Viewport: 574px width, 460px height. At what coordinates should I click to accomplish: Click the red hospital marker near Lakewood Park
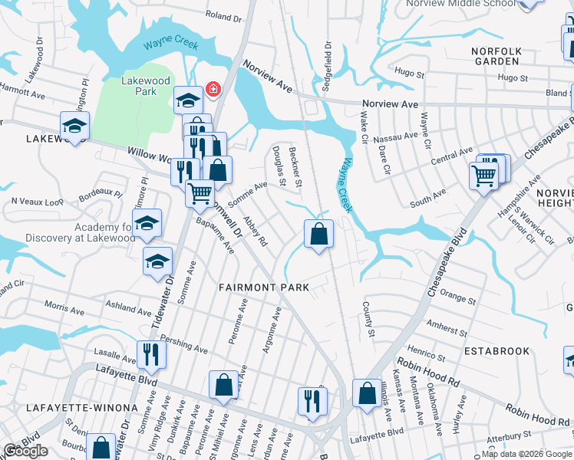pos(212,89)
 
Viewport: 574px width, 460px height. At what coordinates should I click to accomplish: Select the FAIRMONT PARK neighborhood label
pos(263,287)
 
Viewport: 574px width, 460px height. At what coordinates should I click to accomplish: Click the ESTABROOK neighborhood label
pos(496,350)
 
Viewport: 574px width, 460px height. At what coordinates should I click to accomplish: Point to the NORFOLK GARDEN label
pos(496,57)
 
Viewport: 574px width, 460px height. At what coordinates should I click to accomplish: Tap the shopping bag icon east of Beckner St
pos(318,233)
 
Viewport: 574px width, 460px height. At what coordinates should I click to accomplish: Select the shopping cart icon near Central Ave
pos(483,176)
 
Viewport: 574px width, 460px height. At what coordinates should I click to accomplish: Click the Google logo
pos(25,451)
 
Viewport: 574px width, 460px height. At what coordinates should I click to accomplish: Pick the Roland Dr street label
pos(223,16)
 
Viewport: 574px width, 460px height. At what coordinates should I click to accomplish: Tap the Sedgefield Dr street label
pos(327,62)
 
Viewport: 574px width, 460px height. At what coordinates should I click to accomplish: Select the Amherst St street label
pos(446,327)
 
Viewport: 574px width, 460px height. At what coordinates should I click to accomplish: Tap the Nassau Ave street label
pos(397,136)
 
